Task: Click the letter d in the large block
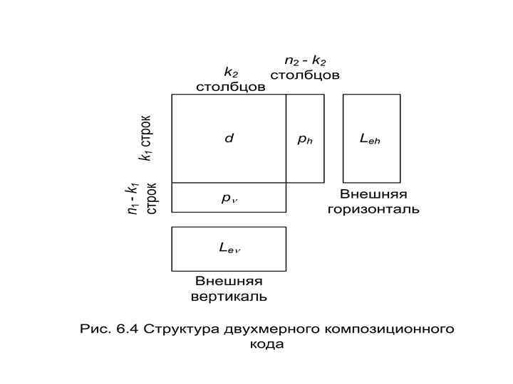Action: click(229, 139)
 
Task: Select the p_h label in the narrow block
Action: click(305, 139)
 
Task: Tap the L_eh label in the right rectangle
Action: click(370, 139)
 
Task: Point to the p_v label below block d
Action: click(229, 198)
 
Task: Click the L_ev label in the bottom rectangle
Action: click(229, 248)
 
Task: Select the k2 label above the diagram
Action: click(231, 72)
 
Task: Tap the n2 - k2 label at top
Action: click(305, 61)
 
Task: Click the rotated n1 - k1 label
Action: click(132, 199)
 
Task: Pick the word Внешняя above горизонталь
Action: click(373, 195)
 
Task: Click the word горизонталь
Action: click(373, 209)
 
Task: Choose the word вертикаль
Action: click(229, 296)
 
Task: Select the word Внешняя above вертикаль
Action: click(229, 282)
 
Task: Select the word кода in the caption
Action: click(267, 344)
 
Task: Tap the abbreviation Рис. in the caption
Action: click(95, 329)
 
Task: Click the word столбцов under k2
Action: click(231, 87)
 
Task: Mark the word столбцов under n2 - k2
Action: click(305, 75)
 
